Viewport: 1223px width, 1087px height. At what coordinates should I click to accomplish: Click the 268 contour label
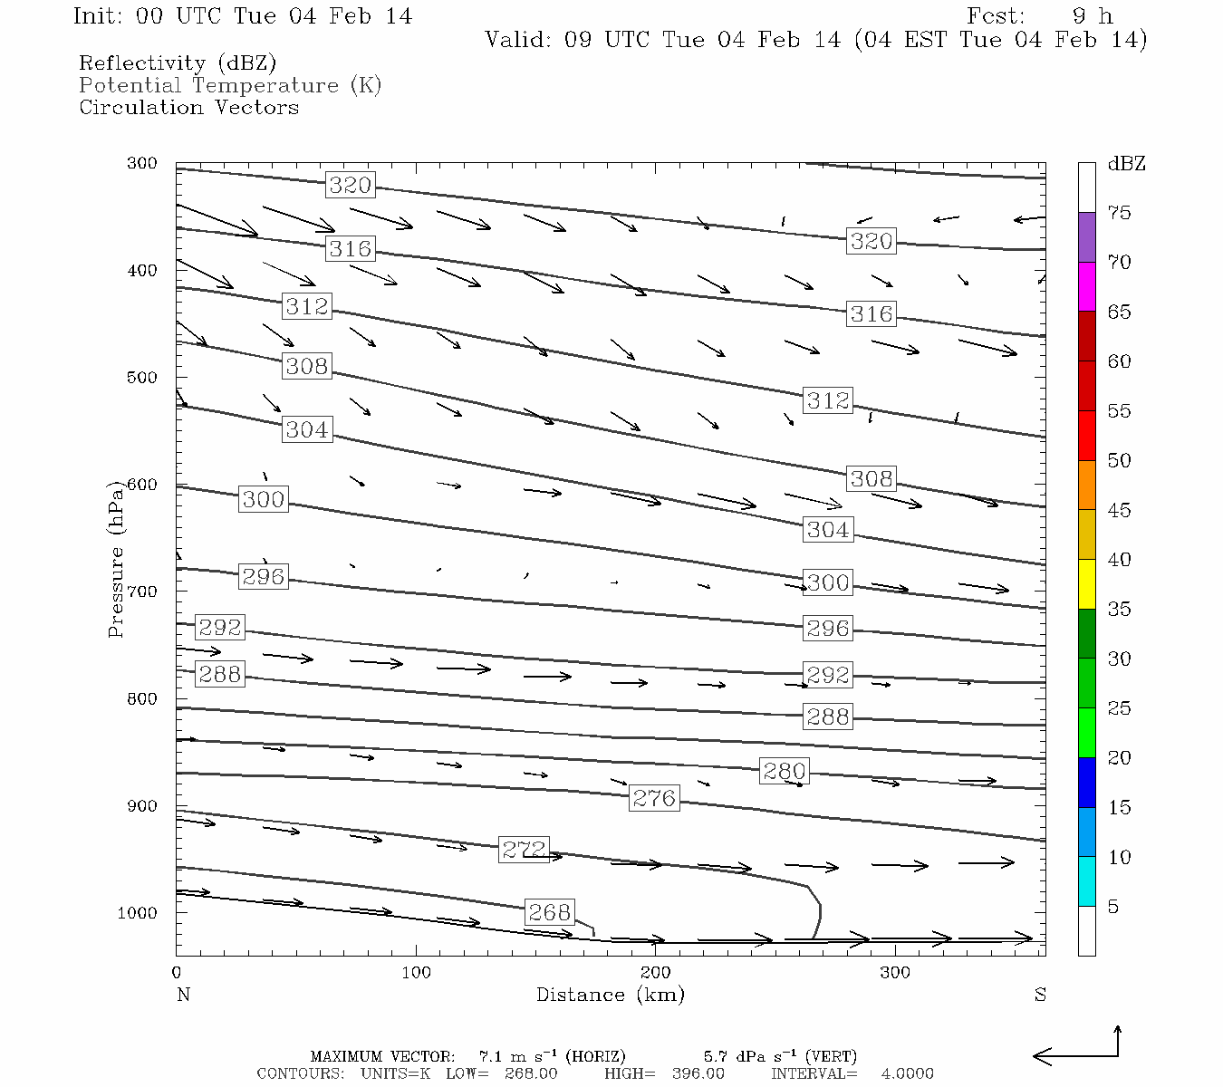549,911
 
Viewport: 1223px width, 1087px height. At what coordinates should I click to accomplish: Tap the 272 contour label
525,849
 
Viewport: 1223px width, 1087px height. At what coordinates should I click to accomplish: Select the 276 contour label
654,798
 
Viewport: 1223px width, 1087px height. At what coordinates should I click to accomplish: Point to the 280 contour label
784,771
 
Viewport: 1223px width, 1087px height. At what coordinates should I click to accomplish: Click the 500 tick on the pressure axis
141,378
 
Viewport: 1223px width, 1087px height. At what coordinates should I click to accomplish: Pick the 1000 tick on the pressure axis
137,913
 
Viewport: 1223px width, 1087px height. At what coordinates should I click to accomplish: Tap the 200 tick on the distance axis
656,973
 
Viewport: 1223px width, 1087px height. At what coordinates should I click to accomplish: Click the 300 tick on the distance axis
895,973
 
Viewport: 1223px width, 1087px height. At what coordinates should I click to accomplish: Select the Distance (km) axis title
610,995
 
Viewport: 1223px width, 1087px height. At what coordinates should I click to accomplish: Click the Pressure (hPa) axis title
115,559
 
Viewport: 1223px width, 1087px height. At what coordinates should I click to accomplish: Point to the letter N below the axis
183,995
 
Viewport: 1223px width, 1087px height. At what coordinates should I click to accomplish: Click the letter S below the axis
1040,995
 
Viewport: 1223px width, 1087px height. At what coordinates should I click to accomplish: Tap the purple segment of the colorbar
1086,237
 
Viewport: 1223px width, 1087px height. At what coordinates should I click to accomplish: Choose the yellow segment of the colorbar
1086,584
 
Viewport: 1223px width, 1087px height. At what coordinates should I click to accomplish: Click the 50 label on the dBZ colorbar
1119,460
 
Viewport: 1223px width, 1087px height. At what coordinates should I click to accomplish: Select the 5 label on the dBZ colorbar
1113,907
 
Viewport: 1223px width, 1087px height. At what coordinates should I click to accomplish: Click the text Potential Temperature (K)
230,85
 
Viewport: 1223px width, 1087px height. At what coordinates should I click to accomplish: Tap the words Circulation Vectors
188,107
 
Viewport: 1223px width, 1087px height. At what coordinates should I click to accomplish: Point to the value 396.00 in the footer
698,1073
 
